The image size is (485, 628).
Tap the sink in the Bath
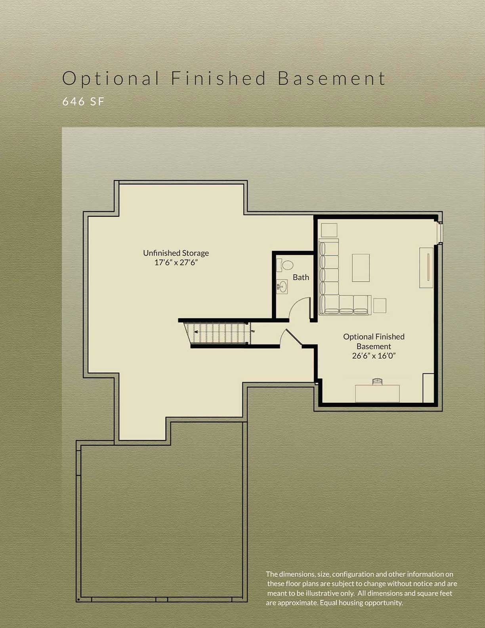(282, 286)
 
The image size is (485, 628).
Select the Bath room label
(301, 278)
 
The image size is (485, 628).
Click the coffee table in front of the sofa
(361, 268)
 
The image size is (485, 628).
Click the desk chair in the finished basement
(378, 381)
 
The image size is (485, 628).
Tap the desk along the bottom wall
(377, 393)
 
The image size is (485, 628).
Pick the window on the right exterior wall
(440, 233)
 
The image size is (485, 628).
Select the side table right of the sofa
(379, 306)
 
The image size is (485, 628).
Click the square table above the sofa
(329, 230)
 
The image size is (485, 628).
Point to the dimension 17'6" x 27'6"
(176, 262)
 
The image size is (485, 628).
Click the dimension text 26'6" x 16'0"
(374, 356)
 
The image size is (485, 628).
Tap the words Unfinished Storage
(176, 253)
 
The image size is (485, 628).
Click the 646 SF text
(83, 101)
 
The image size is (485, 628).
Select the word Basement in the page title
(331, 78)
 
